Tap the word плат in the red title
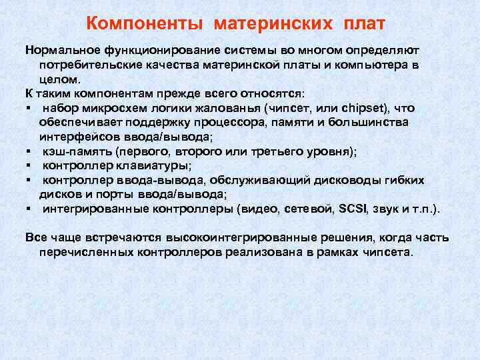click(x=365, y=25)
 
